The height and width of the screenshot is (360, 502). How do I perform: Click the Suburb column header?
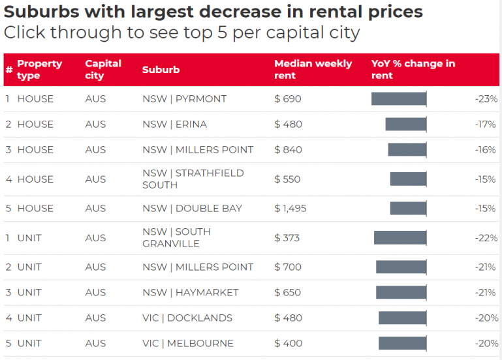(x=161, y=70)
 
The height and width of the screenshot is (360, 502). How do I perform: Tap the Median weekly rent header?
(x=313, y=69)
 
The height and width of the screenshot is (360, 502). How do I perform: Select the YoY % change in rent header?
(x=413, y=69)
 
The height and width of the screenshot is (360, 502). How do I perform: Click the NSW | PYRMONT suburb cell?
(x=184, y=98)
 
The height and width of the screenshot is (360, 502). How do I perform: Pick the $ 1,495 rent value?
(x=290, y=209)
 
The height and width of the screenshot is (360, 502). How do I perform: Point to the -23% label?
(x=486, y=98)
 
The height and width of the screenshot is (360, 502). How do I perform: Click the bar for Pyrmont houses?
(x=399, y=98)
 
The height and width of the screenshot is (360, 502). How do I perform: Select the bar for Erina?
(x=406, y=124)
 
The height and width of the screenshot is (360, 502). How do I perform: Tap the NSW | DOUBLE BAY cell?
(x=192, y=209)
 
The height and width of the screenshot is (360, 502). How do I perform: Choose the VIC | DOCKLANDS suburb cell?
(x=187, y=318)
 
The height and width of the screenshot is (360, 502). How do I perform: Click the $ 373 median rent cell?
(x=287, y=238)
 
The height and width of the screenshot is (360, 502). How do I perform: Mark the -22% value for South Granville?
(x=486, y=238)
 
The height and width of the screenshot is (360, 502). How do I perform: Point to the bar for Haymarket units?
(x=401, y=292)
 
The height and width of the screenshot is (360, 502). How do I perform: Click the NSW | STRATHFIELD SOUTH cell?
(x=193, y=179)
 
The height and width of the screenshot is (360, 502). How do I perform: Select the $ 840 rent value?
(x=288, y=149)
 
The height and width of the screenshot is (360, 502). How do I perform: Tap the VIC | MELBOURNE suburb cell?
(x=188, y=344)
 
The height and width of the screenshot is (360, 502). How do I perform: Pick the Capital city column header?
(x=103, y=69)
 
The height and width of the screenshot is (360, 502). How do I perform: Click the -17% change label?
(x=485, y=124)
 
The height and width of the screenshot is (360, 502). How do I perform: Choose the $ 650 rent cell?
(x=287, y=292)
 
